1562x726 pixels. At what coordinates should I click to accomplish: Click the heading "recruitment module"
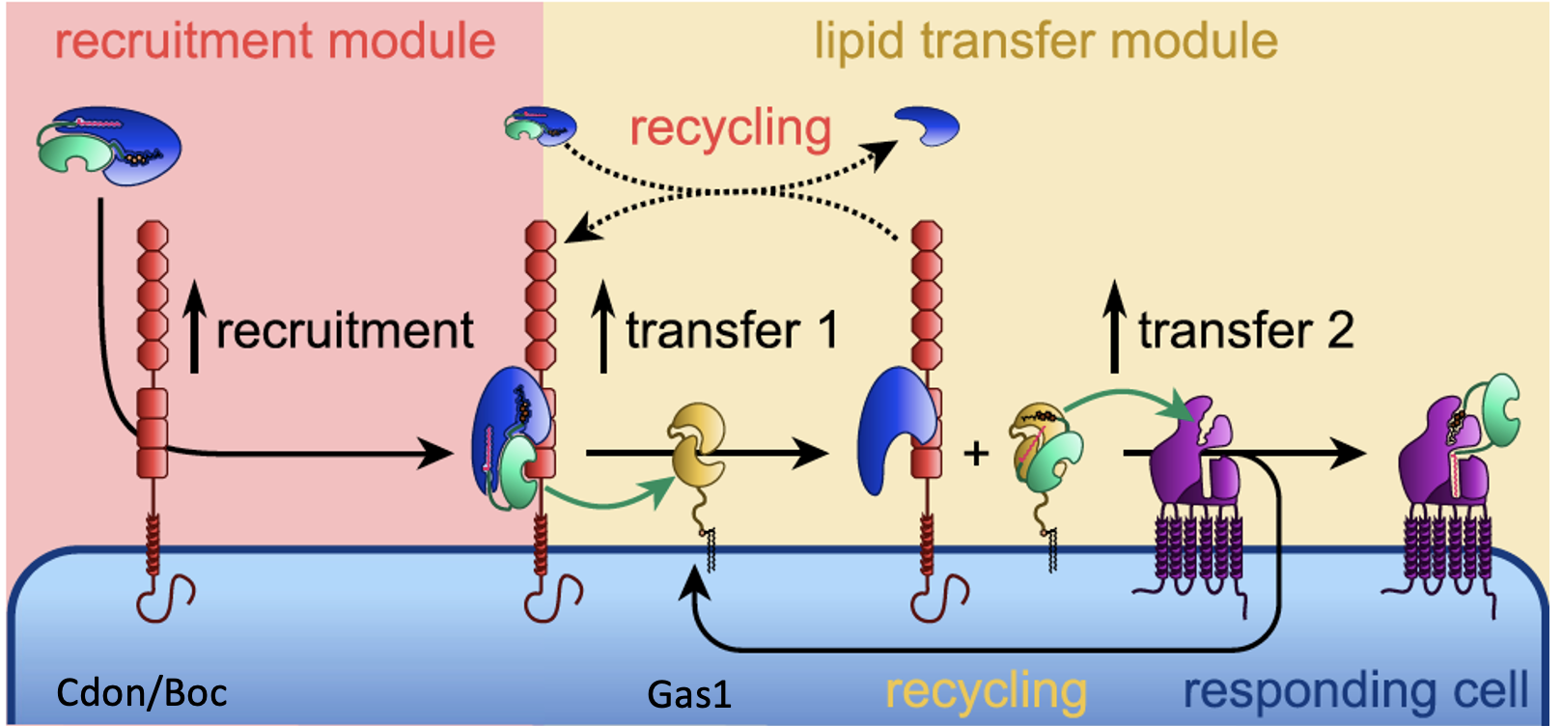[x=275, y=42]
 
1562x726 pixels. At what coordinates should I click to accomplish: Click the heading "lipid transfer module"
[x=1046, y=42]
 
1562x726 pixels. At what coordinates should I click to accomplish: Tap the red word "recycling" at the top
[x=731, y=128]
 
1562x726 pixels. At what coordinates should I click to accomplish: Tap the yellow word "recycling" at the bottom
[x=986, y=691]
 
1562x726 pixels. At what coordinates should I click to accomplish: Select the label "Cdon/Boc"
[x=142, y=692]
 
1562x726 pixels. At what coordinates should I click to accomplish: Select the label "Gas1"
[x=689, y=694]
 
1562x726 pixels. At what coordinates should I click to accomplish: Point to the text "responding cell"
[x=1355, y=690]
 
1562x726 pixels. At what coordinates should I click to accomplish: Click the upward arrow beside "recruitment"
[x=195, y=326]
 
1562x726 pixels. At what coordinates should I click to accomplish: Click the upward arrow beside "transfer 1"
[x=604, y=326]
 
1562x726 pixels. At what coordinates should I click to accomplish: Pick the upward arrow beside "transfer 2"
[x=1115, y=326]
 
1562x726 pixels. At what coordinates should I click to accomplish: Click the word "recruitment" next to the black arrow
[x=345, y=331]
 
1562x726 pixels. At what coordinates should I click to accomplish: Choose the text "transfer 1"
[x=731, y=331]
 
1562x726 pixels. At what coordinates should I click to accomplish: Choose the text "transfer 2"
[x=1245, y=331]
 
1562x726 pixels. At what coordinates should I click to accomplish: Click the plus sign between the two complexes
[x=977, y=452]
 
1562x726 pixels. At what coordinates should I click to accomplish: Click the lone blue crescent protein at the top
[x=928, y=126]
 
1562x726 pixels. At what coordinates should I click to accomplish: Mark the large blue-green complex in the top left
[x=109, y=146]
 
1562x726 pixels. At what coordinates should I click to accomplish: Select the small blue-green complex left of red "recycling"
[x=541, y=126]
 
